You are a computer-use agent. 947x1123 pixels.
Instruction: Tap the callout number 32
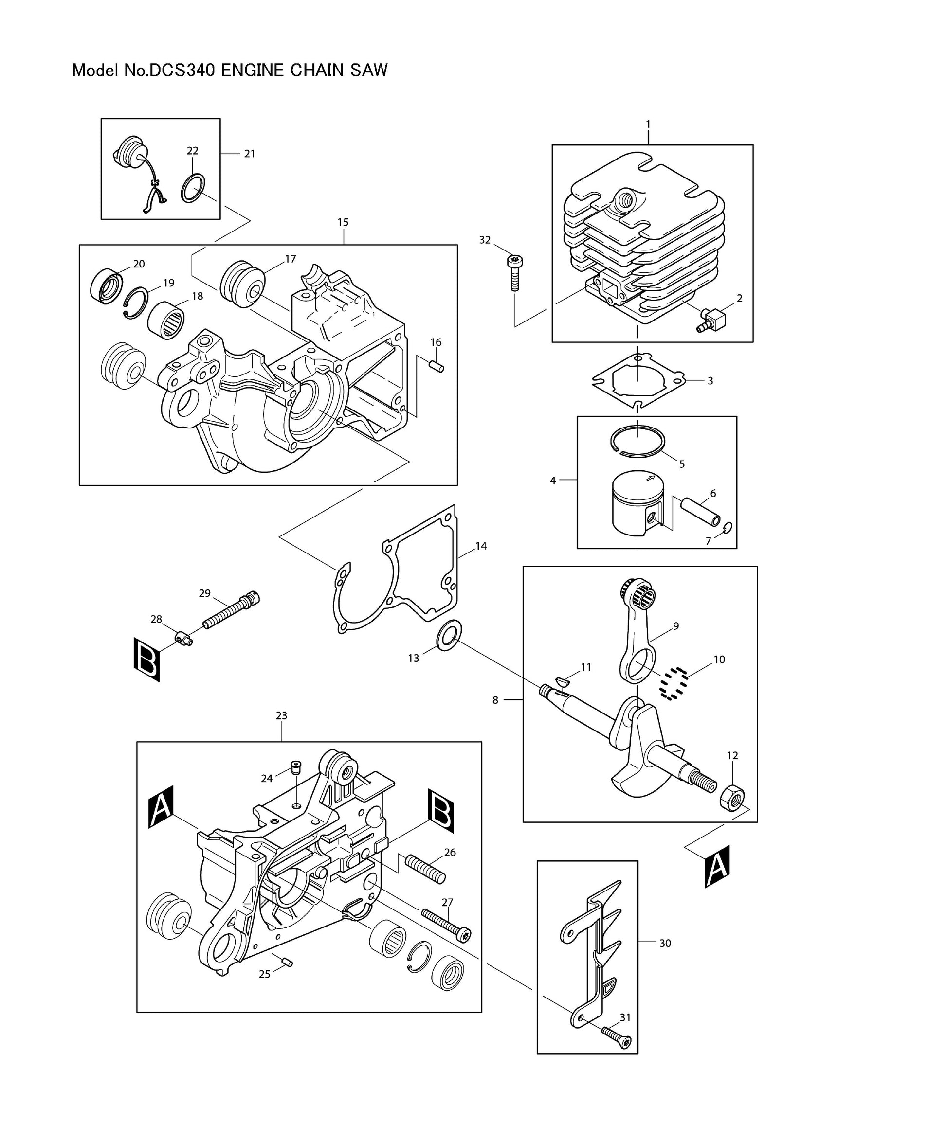click(x=485, y=240)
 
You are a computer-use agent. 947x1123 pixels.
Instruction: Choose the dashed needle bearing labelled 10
click(x=674, y=683)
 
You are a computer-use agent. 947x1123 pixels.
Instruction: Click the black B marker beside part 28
click(x=147, y=660)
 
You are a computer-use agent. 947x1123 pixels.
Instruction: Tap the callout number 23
click(x=281, y=716)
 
